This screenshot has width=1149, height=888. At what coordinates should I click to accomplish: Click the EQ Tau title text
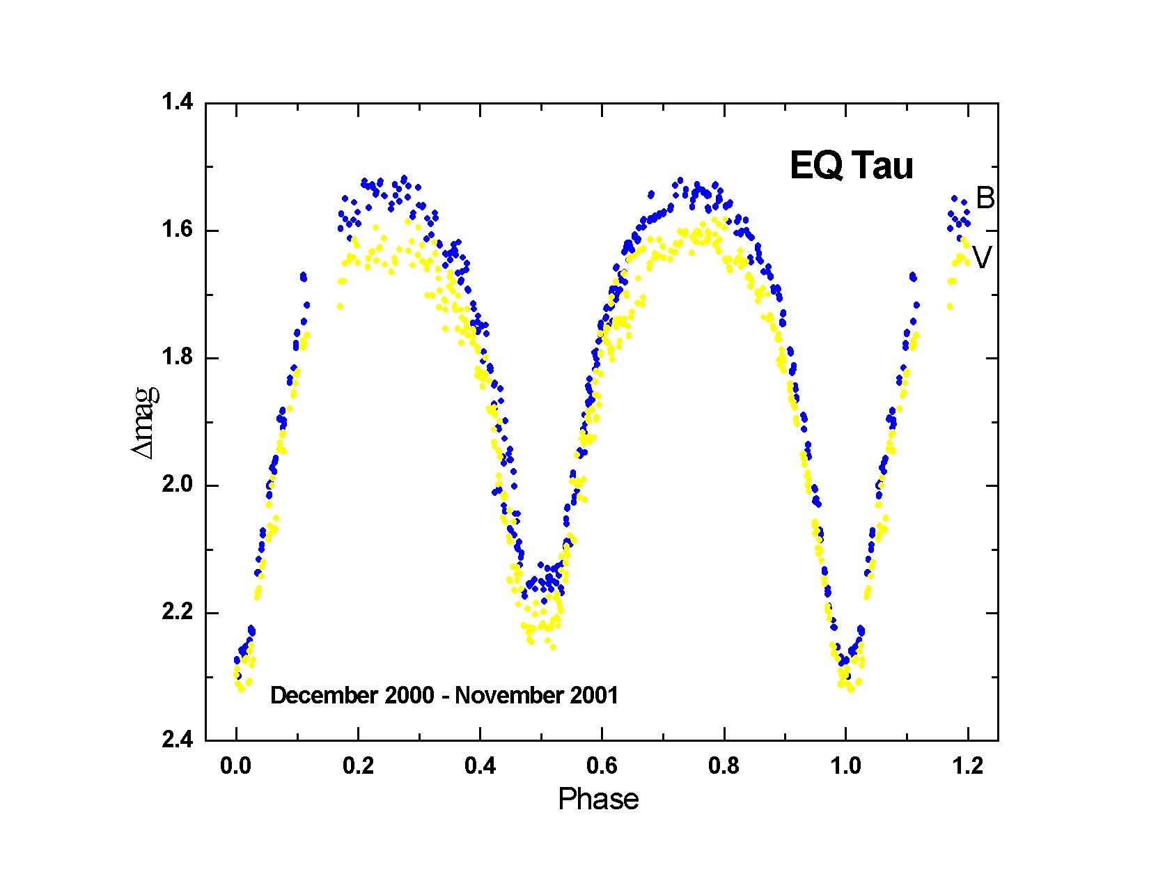[851, 167]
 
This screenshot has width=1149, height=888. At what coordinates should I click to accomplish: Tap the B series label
[985, 198]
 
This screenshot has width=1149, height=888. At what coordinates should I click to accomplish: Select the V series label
[982, 259]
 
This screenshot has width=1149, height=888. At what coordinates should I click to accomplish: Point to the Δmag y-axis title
[146, 423]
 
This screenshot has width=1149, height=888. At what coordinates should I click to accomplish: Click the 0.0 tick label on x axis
[237, 767]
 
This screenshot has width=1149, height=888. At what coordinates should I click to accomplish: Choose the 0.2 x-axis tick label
[359, 767]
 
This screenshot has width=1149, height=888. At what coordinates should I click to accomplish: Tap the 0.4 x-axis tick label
[480, 767]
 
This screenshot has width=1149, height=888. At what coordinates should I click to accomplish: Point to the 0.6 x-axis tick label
[602, 767]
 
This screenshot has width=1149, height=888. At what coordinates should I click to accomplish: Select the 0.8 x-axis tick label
[724, 767]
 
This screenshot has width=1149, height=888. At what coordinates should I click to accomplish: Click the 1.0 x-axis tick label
[846, 767]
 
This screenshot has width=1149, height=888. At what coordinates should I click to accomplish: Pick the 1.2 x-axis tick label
[968, 767]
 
